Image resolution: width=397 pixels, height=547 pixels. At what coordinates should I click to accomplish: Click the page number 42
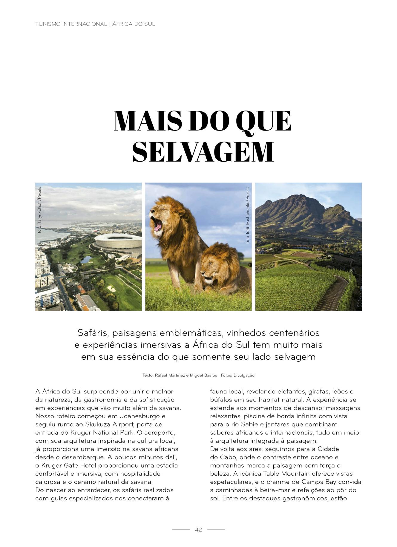click(x=198, y=530)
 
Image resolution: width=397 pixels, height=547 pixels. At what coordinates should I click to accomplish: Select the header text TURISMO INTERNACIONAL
click(x=71, y=24)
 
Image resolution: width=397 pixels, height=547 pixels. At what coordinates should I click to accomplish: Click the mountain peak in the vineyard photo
click(x=296, y=197)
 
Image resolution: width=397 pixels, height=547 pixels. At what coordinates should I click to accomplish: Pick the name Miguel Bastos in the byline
click(x=204, y=375)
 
